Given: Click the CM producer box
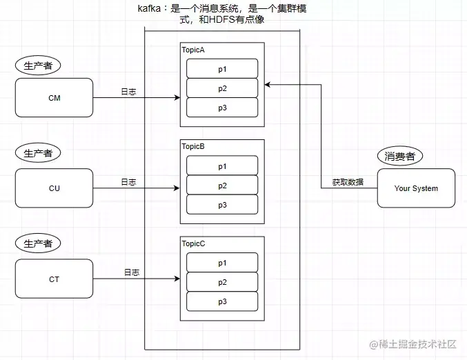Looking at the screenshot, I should click(x=54, y=98).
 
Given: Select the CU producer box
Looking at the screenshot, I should click(x=54, y=188).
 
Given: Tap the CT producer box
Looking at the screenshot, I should click(x=54, y=279).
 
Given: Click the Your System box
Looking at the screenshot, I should click(x=416, y=188).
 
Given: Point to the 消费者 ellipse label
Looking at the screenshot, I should click(x=400, y=156).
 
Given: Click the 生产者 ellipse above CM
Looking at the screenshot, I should click(x=38, y=66).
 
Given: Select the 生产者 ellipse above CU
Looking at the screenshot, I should click(x=38, y=153).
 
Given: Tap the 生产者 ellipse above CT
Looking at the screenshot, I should click(x=38, y=243).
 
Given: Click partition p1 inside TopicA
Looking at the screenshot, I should click(x=222, y=69).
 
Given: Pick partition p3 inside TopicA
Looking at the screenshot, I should click(x=222, y=108).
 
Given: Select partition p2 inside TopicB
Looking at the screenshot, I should click(x=222, y=186).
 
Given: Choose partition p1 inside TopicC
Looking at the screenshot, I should click(x=222, y=263).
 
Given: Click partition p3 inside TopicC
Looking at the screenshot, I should click(x=222, y=301).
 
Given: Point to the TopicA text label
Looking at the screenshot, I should click(x=193, y=50).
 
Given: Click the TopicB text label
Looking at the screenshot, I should click(x=193, y=147).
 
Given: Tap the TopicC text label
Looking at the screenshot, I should click(x=193, y=244).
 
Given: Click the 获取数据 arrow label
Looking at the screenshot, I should click(x=348, y=183).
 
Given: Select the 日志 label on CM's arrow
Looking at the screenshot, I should click(x=128, y=92).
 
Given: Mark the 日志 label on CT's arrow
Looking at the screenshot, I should click(x=132, y=272).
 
